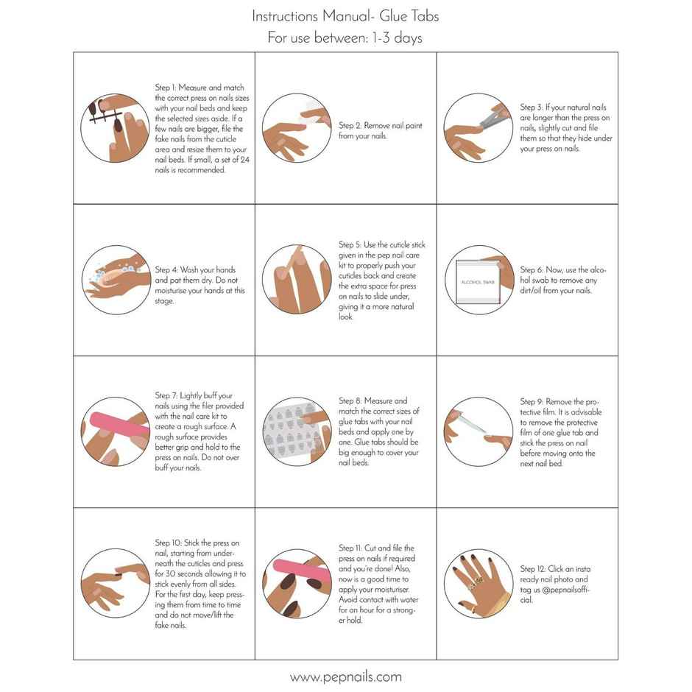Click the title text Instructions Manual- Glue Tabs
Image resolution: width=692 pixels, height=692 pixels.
click(x=345, y=15)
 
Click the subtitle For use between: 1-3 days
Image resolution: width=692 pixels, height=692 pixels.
click(x=345, y=38)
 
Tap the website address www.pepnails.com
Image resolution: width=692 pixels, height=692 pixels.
click(x=345, y=677)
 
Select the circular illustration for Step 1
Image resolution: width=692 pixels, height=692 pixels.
click(x=114, y=127)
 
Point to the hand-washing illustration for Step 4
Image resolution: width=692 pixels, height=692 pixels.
click(x=114, y=280)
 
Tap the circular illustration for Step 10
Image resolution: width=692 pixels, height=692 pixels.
click(x=114, y=582)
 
